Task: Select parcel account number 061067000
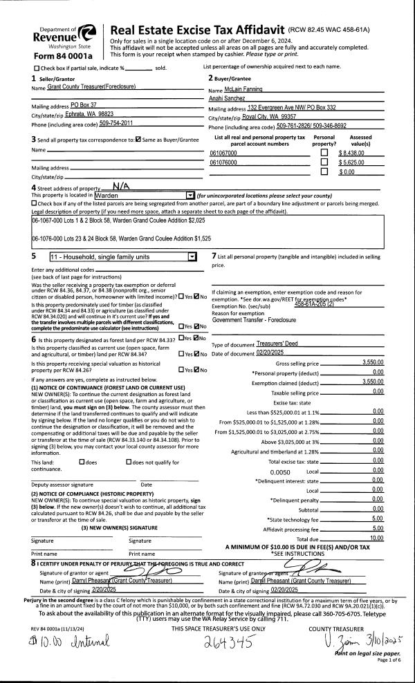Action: coord(223,152)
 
